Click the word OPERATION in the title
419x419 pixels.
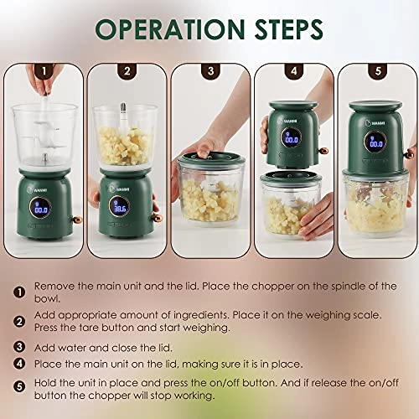click(x=170, y=28)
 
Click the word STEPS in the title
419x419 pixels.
click(x=289, y=28)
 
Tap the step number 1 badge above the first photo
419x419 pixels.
click(x=44, y=71)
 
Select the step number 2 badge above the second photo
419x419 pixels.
click(x=127, y=71)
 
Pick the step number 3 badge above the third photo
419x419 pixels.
click(x=210, y=71)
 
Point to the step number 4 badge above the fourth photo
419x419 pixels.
click(x=294, y=71)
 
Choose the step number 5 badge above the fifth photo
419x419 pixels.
click(x=378, y=71)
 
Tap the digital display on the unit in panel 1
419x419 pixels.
click(x=40, y=208)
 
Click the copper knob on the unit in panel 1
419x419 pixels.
click(x=77, y=220)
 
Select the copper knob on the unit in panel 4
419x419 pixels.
click(x=323, y=151)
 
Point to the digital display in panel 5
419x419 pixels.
click(x=376, y=142)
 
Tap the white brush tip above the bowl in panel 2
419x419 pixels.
click(x=122, y=108)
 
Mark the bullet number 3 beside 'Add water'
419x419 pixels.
click(x=19, y=347)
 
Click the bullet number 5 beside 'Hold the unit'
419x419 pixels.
click(x=19, y=387)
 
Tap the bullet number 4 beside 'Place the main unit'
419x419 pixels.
click(x=19, y=364)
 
